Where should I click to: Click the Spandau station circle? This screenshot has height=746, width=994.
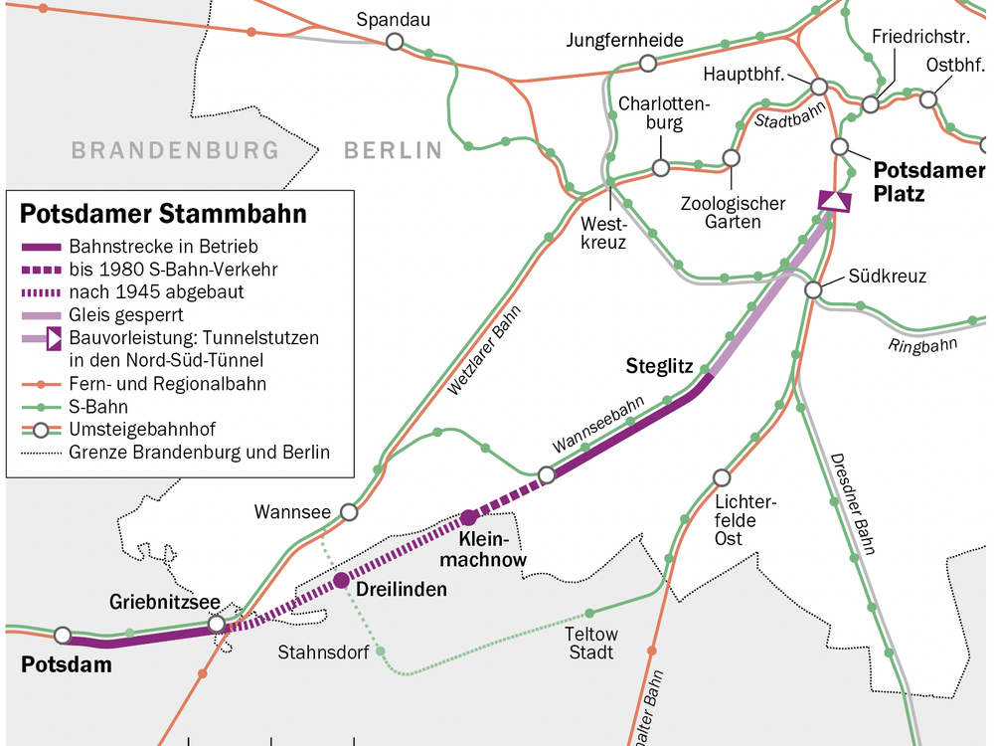coord(395,41)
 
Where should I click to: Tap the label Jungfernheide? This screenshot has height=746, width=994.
coord(625,40)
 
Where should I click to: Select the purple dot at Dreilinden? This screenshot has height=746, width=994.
coord(341,580)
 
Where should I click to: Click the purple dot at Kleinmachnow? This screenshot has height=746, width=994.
coord(468,517)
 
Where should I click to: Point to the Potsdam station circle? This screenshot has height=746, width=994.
coord(63,635)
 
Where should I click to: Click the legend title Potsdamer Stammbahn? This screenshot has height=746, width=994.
coord(163,214)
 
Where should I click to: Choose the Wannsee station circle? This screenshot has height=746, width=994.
coord(349,512)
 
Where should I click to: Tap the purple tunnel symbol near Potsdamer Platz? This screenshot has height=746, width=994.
coord(834,201)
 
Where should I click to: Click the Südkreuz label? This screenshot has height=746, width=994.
coord(888,276)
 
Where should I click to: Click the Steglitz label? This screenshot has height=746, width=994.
coord(659,366)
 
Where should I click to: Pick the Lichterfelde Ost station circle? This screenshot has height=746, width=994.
coord(722,477)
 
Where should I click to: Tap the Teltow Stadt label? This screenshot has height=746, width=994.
coord(590,643)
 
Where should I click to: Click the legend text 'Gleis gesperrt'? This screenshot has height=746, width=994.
coord(125,314)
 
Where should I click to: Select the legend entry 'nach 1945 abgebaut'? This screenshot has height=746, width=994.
coord(156,291)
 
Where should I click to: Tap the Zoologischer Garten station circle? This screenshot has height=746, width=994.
coord(732,158)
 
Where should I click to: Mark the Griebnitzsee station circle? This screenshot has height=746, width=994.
coord(217,624)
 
